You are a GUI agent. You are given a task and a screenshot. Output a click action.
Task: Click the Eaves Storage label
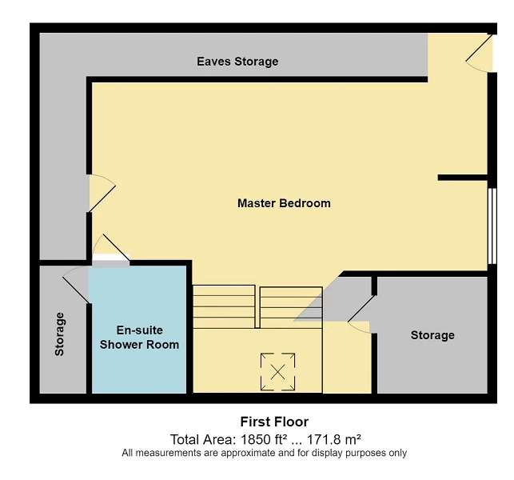[237, 62]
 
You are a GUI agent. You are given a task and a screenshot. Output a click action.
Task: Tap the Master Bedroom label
[284, 203]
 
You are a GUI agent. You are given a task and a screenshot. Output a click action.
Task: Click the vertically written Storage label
[60, 334]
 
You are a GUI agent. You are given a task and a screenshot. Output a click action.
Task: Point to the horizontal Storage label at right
[432, 335]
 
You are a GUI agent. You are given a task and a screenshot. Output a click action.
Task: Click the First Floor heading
[274, 422]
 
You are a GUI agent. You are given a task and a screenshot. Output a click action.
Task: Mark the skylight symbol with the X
[278, 371]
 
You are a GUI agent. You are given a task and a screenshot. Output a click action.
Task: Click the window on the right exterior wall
[492, 225]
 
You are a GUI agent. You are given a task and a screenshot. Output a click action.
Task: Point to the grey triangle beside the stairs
[332, 300]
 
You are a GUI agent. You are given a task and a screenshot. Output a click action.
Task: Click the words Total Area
[199, 439]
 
